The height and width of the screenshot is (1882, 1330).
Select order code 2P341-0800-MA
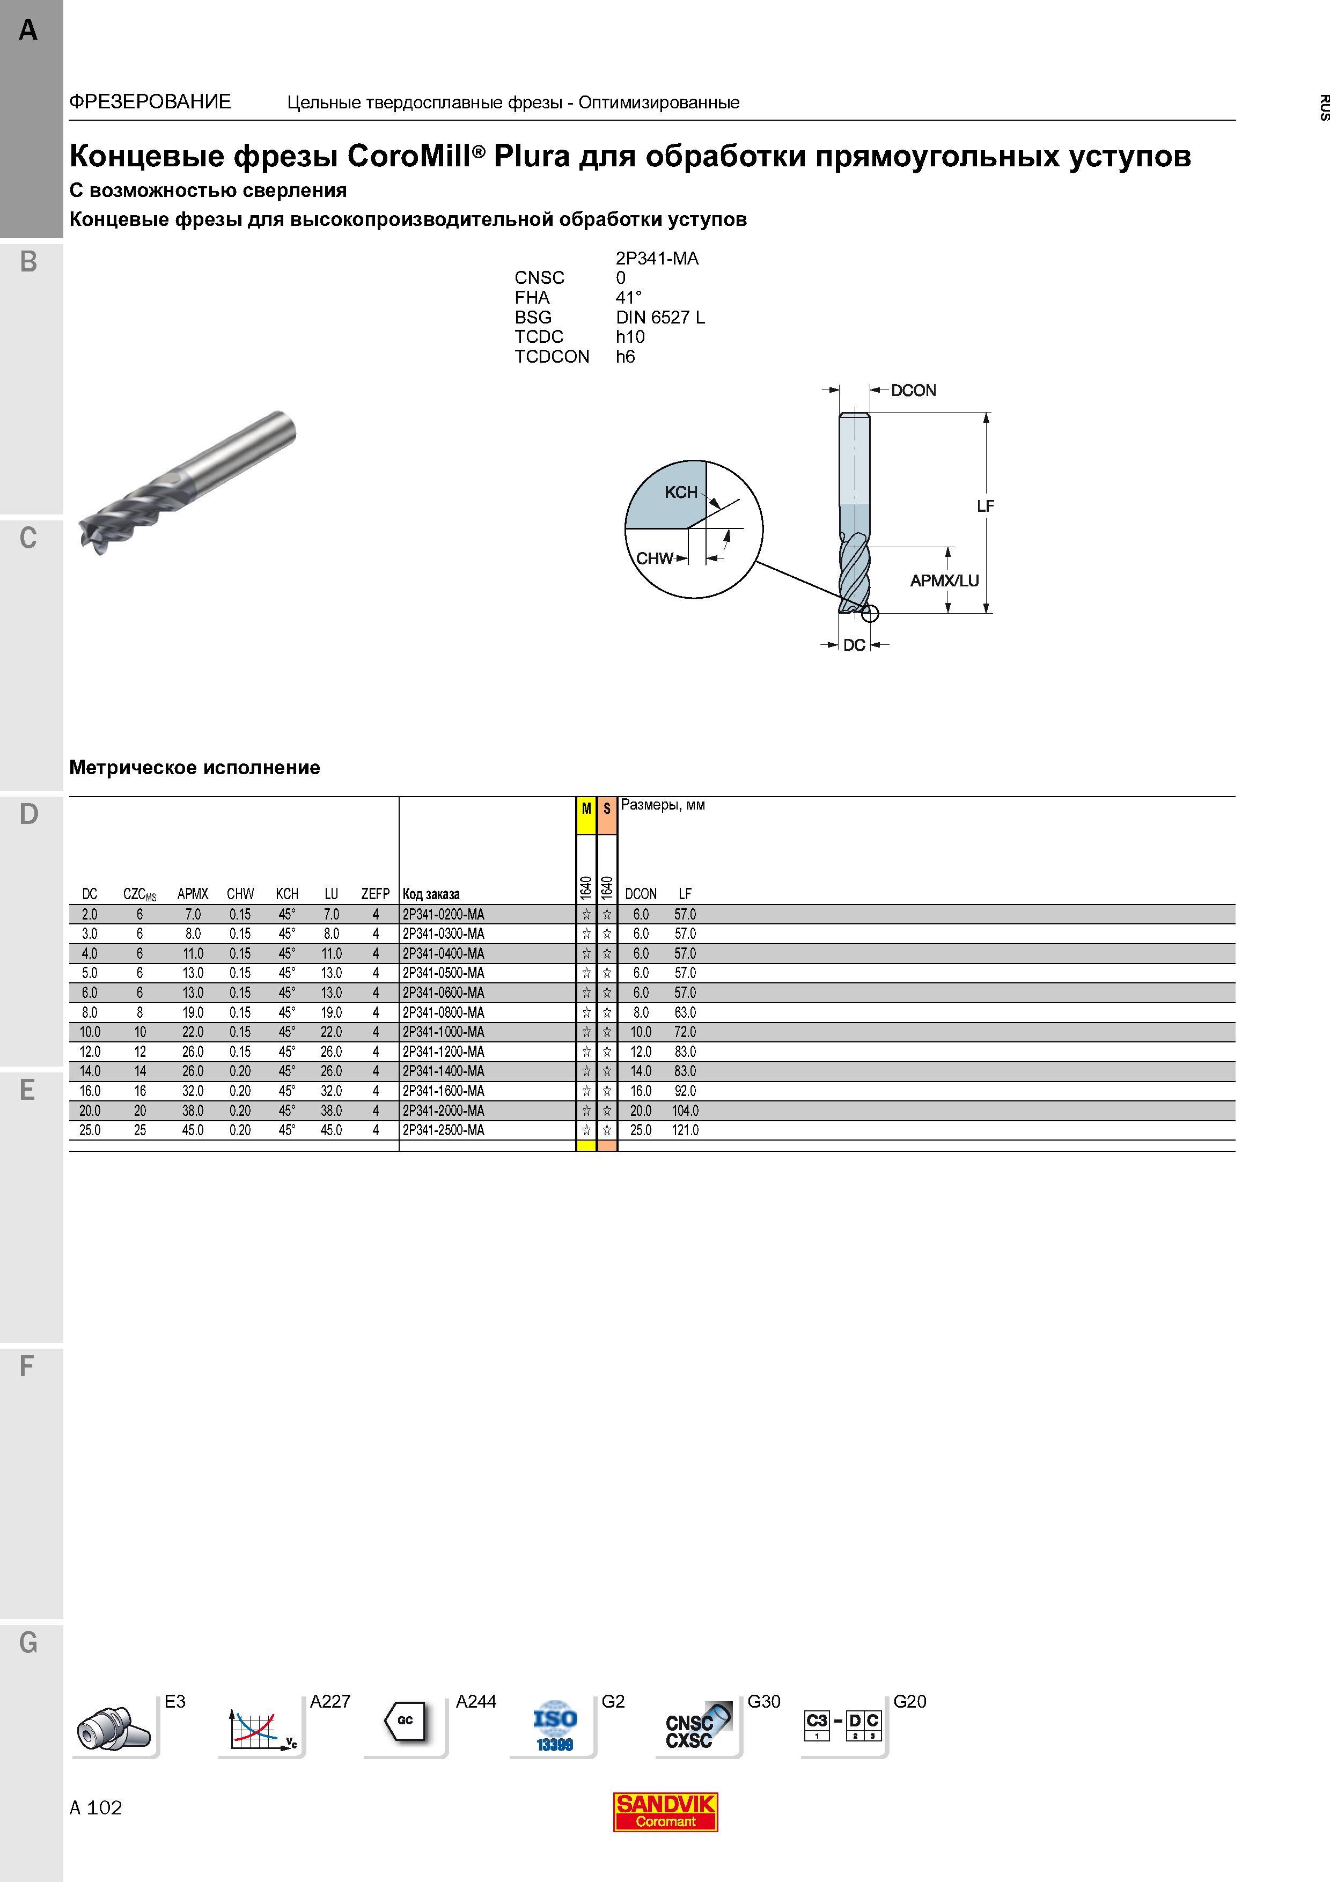point(443,1012)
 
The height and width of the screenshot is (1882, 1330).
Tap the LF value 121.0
point(686,1130)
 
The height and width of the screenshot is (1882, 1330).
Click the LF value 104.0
point(686,1111)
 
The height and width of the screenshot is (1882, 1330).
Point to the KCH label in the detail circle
point(681,492)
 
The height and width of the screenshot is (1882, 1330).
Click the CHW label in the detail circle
point(654,558)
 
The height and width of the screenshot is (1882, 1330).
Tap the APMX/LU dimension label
point(944,580)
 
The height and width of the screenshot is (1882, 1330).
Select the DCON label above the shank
point(913,390)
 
